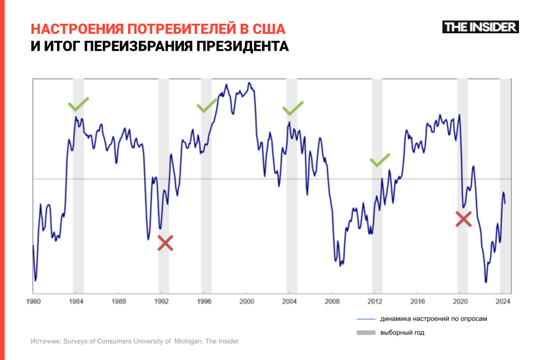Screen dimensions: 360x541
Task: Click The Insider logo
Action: coord(480,27)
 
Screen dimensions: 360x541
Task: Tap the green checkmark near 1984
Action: coord(78,104)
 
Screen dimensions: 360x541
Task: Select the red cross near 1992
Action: coord(165,243)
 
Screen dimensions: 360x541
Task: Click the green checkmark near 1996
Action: coord(206,106)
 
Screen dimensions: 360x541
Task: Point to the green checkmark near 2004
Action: coord(293,108)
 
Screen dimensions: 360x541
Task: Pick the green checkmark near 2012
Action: coord(380,160)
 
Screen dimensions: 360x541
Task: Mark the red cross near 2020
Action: coord(463,219)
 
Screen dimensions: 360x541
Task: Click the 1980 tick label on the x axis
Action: coord(33,301)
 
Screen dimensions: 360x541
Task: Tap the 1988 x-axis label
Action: coord(118,301)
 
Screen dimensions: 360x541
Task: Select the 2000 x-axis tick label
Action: coord(247,301)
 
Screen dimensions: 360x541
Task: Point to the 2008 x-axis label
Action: coord(332,301)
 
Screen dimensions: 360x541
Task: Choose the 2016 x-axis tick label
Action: coord(417,301)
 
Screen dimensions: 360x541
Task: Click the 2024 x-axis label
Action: coord(503,301)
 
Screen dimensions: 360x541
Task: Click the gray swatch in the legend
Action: coord(366,333)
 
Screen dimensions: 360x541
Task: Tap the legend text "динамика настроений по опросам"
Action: coord(433,319)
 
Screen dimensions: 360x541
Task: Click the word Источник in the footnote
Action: coord(45,341)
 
